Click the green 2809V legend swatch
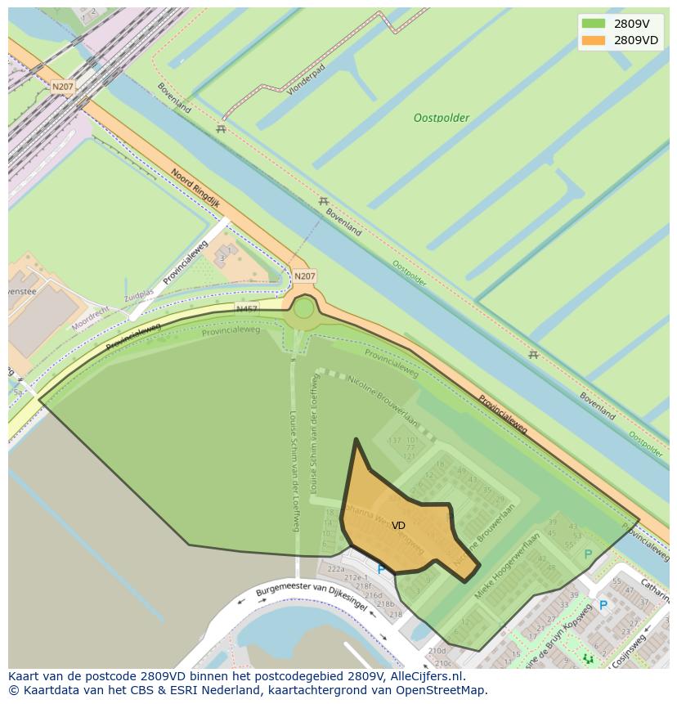(x=594, y=24)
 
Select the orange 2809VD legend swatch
(x=594, y=40)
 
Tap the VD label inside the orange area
(x=398, y=526)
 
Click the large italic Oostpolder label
(x=442, y=118)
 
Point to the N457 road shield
(x=246, y=308)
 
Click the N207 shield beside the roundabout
(x=304, y=276)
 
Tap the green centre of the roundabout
(x=303, y=308)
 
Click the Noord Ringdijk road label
(x=196, y=186)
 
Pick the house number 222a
(x=335, y=568)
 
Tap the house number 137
(x=395, y=441)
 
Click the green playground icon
(x=587, y=658)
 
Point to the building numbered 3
(x=221, y=259)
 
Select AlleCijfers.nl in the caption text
(x=426, y=676)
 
